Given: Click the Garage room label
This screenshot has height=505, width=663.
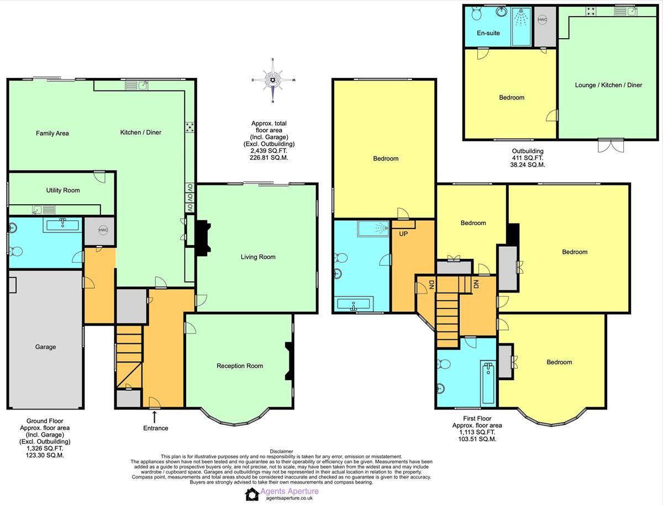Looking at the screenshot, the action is (45, 347).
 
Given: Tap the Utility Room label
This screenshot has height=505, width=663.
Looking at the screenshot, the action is (63, 190).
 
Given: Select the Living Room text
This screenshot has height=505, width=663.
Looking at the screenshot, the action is (258, 257).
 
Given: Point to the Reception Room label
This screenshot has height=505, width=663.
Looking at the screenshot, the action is (240, 366).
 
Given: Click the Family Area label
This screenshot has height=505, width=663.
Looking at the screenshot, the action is (52, 134).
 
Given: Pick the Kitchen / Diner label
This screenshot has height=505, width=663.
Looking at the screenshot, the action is (141, 132).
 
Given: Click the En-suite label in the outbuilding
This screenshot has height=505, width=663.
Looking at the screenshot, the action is (488, 33).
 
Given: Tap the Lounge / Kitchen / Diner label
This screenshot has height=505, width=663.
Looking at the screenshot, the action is (608, 85).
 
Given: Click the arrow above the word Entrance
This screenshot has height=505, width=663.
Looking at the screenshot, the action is (154, 417).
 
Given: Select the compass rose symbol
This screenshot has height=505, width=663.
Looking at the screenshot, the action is (273, 80).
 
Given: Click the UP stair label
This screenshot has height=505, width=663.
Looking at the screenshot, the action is (403, 234).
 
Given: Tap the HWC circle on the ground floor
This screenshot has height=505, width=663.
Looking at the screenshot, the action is (103, 230).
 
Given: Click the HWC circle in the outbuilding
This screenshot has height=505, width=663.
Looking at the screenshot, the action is (543, 20).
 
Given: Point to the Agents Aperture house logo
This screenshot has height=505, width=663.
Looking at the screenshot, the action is (252, 495).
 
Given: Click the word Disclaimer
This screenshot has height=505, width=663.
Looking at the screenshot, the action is (282, 451).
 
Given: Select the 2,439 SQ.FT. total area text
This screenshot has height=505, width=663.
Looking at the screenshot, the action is (269, 151).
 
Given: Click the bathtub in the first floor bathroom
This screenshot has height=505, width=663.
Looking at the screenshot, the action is (488, 382).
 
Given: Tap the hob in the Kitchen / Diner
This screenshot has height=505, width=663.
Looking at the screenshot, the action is (190, 127).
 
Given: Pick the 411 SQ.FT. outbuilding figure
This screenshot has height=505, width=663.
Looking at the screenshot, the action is (528, 158).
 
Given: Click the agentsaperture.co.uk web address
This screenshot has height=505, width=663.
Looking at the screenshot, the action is (289, 498).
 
